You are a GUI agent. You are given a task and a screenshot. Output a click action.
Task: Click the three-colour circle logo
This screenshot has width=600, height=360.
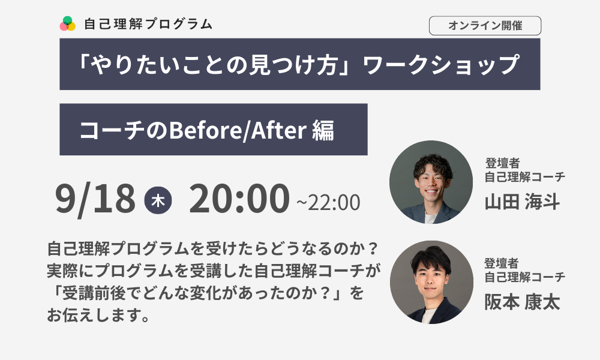(67, 24)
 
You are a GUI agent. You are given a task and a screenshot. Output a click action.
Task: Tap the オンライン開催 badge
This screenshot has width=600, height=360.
(485, 26)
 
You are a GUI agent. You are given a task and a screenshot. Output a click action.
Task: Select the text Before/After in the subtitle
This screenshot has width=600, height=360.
(238, 130)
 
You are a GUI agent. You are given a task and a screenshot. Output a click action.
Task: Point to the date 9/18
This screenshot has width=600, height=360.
(95, 199)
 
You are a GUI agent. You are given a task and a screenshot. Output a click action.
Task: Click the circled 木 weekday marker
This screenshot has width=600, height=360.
(158, 200)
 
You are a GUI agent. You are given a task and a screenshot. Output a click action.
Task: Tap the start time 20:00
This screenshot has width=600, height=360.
(239, 199)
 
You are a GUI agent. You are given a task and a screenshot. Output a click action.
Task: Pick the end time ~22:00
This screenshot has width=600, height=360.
(328, 202)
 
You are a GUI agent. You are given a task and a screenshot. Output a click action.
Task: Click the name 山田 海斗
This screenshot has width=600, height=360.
(523, 201)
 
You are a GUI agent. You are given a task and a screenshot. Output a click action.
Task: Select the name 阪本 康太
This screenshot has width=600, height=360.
(523, 302)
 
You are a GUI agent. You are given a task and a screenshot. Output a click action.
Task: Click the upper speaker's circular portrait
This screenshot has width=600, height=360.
(431, 182)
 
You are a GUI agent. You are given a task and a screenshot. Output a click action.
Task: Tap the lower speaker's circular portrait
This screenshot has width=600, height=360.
(431, 283)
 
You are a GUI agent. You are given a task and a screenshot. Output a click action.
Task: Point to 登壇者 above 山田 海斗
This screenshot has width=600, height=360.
(502, 163)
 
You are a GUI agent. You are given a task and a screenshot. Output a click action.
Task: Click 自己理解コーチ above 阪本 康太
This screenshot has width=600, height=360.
(524, 277)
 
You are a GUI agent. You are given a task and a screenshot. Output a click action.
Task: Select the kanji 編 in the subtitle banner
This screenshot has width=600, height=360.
(323, 130)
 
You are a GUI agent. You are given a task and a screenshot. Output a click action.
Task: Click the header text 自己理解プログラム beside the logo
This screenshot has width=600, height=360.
(148, 24)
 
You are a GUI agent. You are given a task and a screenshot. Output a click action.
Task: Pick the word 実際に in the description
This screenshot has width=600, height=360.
(71, 271)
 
